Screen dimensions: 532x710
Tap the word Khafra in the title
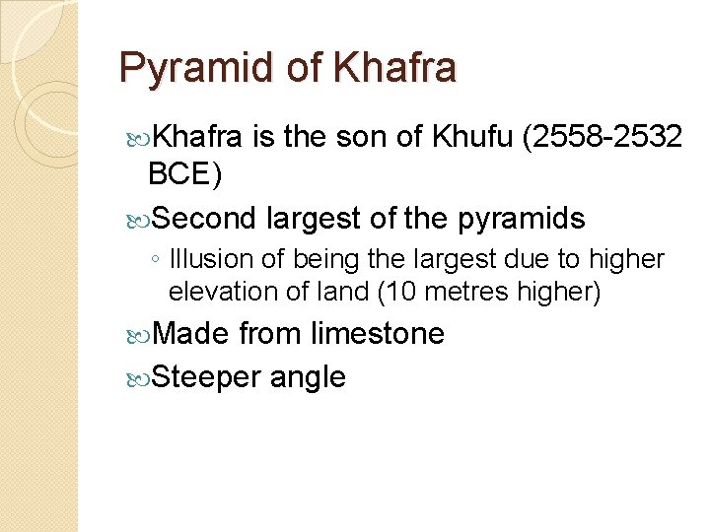[395, 69]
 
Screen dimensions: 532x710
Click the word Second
[205, 218]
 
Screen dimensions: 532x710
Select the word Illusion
[210, 260]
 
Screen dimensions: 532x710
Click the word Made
[192, 334]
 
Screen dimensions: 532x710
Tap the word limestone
[378, 334]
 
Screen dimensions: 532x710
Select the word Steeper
[206, 376]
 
